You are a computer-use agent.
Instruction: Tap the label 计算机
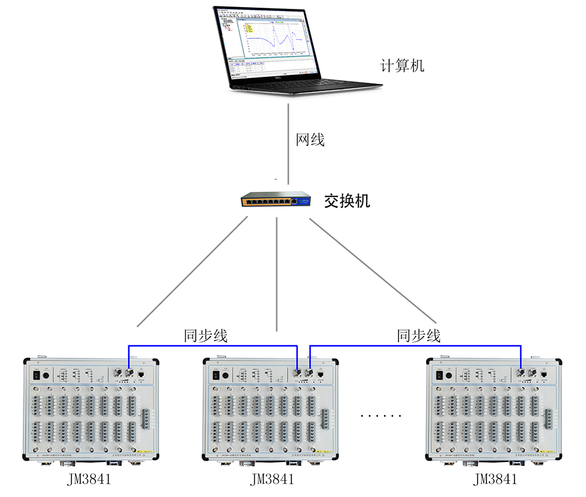(x=402, y=66)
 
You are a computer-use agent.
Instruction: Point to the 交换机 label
(x=347, y=201)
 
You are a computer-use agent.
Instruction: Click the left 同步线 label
(x=206, y=336)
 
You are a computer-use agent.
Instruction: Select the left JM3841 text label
(x=89, y=479)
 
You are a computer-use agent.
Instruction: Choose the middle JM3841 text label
(x=272, y=479)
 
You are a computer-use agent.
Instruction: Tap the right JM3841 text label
(x=495, y=479)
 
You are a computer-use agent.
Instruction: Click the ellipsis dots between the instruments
(x=381, y=416)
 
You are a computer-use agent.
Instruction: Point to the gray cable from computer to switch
(x=288, y=141)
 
